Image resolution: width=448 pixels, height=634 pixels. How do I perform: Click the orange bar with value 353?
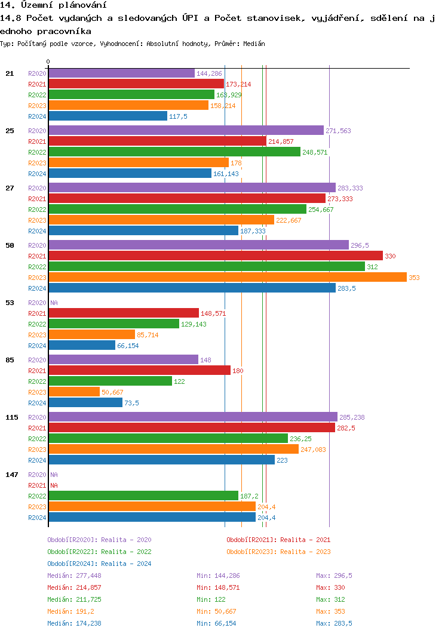227,278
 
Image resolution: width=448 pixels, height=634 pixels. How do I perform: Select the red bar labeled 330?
215,256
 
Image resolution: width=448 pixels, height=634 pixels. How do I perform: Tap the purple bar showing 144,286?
121,73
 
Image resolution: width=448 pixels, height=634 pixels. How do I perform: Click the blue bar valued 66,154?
82,346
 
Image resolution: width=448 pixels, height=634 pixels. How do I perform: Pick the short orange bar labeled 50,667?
74,392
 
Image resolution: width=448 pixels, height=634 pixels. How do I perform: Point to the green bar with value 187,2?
143,496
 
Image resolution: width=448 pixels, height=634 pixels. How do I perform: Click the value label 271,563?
338,131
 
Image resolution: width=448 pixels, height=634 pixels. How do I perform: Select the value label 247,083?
313,450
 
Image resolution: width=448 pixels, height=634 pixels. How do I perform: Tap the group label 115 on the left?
12,417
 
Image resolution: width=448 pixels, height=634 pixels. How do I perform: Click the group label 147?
12,475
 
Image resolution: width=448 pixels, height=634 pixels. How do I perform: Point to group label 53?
10,303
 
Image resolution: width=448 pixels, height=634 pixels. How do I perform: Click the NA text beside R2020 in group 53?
54,303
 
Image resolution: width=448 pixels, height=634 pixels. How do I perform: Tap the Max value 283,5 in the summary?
342,623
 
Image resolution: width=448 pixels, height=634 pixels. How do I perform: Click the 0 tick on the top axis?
48,61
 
